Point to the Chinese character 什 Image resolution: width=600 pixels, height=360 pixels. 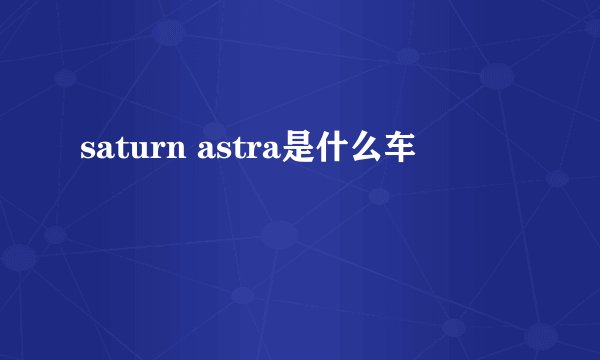coord(331,151)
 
